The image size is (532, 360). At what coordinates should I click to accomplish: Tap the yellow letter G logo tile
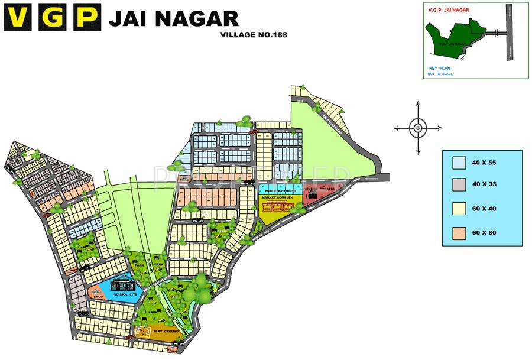point(54,18)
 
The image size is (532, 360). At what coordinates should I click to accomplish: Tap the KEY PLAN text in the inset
point(440,69)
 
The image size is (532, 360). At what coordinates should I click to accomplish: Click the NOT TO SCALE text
point(440,74)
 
